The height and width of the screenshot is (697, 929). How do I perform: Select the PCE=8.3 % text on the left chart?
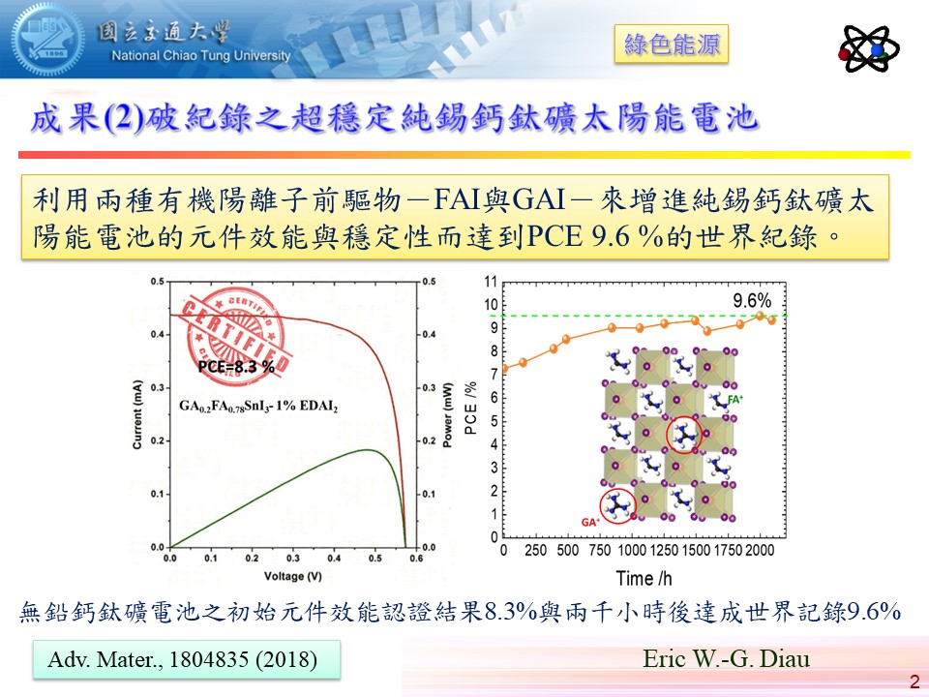(236, 367)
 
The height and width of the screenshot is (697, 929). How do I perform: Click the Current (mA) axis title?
(138, 416)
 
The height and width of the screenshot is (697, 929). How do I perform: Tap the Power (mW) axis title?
(448, 416)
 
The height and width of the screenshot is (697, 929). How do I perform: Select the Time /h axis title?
(644, 579)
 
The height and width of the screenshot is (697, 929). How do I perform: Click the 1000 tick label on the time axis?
(631, 551)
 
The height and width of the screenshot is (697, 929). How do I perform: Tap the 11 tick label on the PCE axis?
(491, 283)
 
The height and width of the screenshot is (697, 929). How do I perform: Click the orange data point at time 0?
(503, 369)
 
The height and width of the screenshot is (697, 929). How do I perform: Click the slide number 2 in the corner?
(914, 682)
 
